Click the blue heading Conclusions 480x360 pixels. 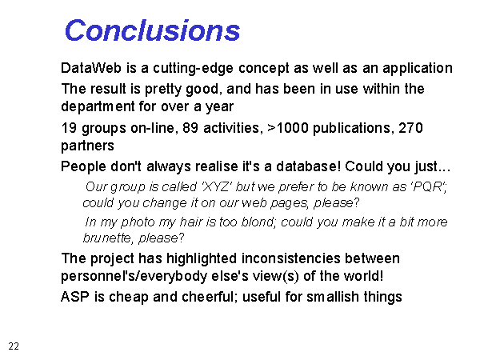153,30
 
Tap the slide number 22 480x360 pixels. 14,346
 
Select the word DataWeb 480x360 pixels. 91,68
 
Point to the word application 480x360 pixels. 418,69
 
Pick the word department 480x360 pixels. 98,107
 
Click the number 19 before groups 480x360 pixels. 69,128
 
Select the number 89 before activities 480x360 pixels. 190,128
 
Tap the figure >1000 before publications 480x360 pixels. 288,128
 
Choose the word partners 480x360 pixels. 87,146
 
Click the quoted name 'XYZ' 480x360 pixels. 216,186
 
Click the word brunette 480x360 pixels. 107,238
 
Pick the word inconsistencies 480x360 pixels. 291,258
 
